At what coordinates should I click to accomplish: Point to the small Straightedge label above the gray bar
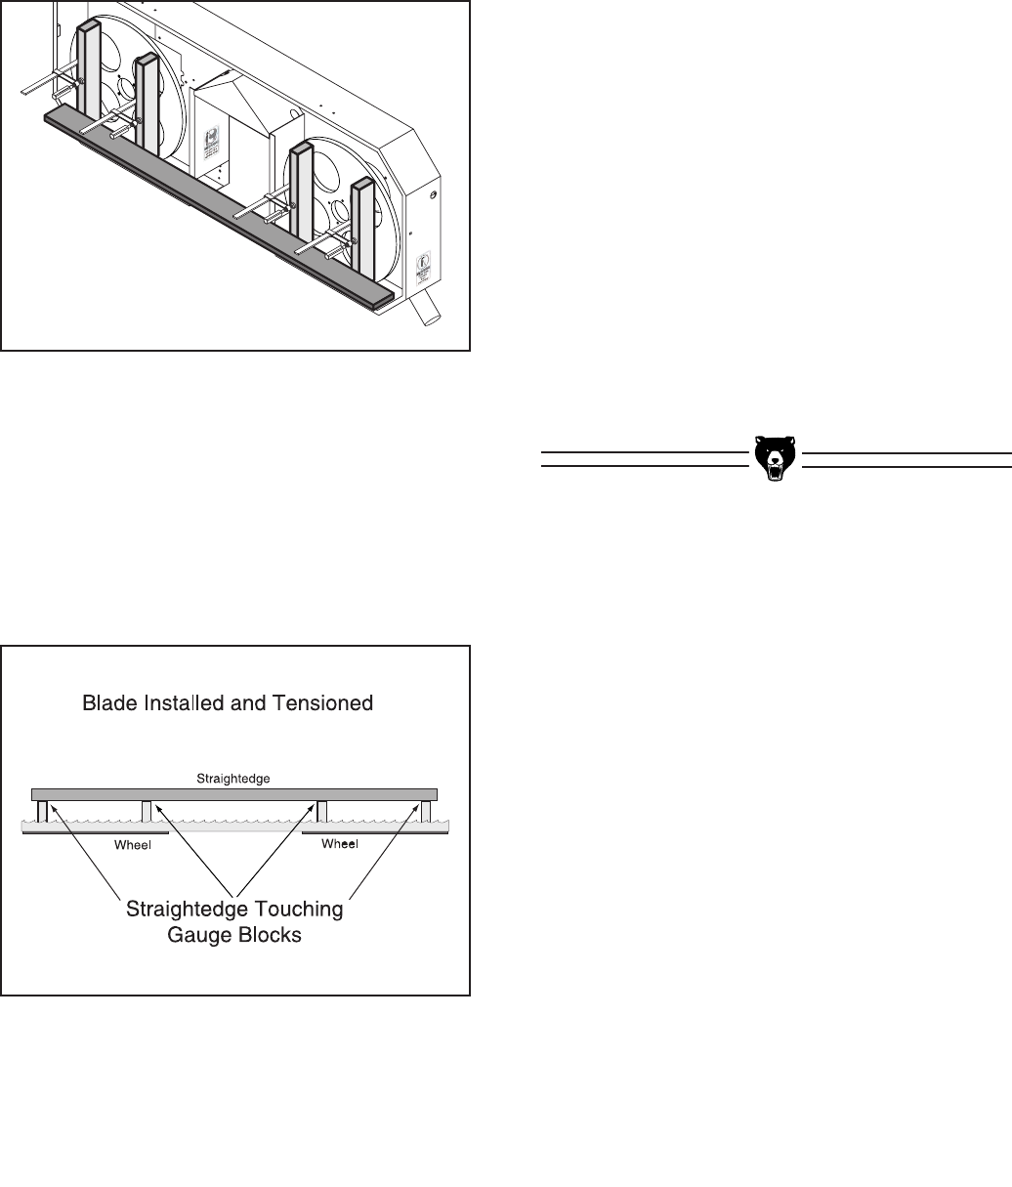[x=232, y=779]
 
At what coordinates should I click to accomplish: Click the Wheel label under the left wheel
[x=132, y=845]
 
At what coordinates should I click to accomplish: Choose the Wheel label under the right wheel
[x=340, y=844]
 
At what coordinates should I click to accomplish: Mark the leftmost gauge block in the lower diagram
[x=42, y=811]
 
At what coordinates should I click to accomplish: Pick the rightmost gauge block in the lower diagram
[x=426, y=811]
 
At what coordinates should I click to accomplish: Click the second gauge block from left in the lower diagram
[x=147, y=811]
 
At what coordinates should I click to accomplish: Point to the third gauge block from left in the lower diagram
[x=321, y=811]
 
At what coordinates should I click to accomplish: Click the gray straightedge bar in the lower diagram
[x=233, y=793]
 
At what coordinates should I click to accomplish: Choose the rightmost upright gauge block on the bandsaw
[x=363, y=225]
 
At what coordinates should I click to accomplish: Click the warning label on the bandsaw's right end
[x=424, y=270]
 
